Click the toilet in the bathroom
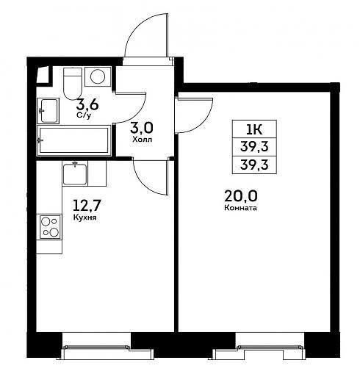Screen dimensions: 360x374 (72, 83)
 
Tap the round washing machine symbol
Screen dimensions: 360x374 (98, 76)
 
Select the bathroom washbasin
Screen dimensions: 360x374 (48, 111)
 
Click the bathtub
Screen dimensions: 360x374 (73, 140)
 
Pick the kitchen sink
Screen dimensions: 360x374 (75, 173)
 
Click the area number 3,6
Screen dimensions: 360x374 (87, 105)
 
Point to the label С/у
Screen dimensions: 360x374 (84, 115)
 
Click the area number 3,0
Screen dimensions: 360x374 (142, 128)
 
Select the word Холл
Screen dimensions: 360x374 (143, 140)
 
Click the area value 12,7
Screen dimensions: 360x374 (87, 206)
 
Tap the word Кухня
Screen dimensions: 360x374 (84, 217)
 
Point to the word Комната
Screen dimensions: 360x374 (240, 208)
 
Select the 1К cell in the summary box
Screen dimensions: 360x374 (254, 129)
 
